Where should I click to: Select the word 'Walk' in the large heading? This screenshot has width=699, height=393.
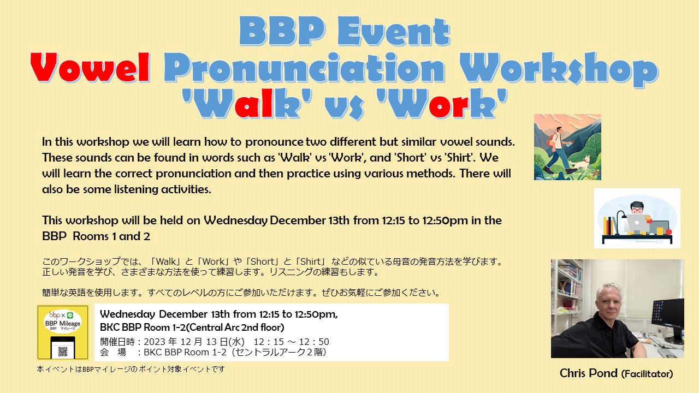(x=246, y=104)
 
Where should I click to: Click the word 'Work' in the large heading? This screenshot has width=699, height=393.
(x=442, y=104)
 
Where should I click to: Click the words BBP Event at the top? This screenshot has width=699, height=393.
(x=345, y=31)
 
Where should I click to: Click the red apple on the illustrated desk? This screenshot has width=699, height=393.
(x=668, y=232)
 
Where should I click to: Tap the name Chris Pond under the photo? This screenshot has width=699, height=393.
(x=589, y=373)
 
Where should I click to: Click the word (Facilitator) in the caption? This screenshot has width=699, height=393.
(x=647, y=374)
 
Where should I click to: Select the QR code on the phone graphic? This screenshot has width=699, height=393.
(x=63, y=352)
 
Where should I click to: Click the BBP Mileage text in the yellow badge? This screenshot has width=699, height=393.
(x=63, y=323)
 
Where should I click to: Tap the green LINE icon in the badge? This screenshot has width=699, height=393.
(x=70, y=315)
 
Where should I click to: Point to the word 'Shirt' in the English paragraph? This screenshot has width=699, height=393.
(x=459, y=158)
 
